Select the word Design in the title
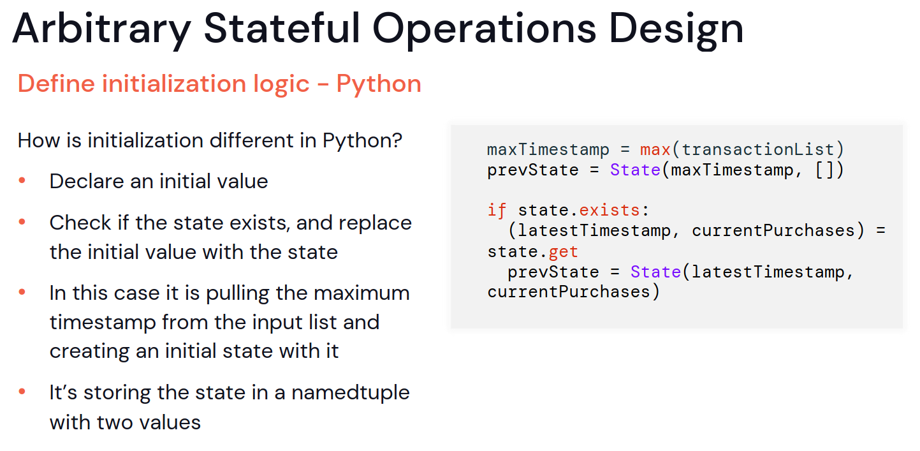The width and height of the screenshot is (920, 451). click(x=676, y=29)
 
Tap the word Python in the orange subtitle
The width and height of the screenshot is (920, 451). click(x=379, y=85)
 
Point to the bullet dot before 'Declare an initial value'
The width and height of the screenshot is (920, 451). click(x=22, y=180)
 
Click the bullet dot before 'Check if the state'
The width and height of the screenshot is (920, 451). click(x=22, y=222)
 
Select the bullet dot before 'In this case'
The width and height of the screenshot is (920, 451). click(x=22, y=292)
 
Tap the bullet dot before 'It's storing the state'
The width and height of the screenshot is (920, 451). click(x=22, y=392)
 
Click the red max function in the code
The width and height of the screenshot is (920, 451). click(x=655, y=150)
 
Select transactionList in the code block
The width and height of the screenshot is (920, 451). click(x=758, y=150)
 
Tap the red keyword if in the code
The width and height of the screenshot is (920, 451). click(x=497, y=210)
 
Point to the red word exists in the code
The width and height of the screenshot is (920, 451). click(x=610, y=211)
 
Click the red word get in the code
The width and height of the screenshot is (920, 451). click(x=564, y=251)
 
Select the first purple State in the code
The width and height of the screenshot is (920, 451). click(x=635, y=170)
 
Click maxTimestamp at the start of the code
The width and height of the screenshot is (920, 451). click(x=548, y=150)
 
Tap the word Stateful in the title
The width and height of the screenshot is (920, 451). click(x=282, y=28)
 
